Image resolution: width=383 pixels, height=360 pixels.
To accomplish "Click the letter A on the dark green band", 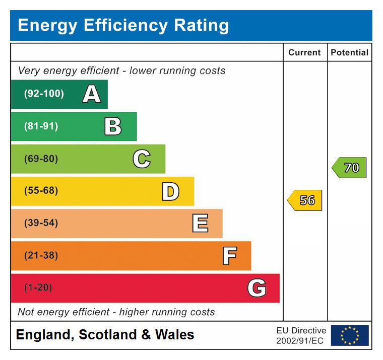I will click(91, 94).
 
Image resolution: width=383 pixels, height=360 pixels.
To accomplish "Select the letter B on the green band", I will click(113, 126).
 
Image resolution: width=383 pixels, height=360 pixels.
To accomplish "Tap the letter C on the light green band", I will click(142, 159).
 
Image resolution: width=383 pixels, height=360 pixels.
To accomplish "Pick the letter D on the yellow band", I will click(170, 191).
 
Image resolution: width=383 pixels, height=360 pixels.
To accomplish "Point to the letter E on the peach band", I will click(200, 223).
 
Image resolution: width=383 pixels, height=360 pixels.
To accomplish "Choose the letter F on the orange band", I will click(229, 256).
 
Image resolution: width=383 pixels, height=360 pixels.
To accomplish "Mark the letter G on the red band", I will click(257, 288).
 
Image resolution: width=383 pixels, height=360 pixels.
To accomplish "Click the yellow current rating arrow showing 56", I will click(305, 200).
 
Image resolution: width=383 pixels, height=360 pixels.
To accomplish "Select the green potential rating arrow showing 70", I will click(349, 168).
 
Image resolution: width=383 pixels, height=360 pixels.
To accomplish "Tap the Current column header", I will click(304, 52).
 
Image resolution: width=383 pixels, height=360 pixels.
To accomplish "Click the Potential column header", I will click(349, 52).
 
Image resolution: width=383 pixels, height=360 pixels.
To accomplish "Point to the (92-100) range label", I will click(44, 94).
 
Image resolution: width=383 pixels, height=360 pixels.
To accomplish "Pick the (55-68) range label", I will click(41, 191).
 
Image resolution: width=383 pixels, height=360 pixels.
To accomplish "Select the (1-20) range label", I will click(38, 288).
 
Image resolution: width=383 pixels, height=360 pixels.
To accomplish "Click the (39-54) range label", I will click(41, 223).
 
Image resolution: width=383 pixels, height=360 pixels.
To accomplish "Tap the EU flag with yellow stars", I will click(350, 335).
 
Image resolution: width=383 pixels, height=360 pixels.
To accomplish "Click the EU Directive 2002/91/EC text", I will click(301, 335).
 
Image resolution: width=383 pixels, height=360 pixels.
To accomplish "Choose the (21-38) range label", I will click(41, 256).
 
